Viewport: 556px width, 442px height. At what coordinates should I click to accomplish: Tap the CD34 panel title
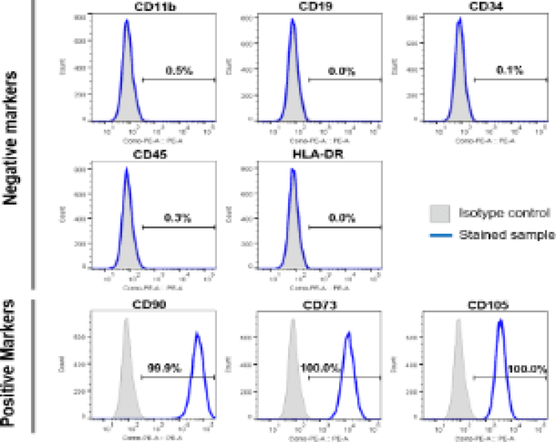459,8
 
